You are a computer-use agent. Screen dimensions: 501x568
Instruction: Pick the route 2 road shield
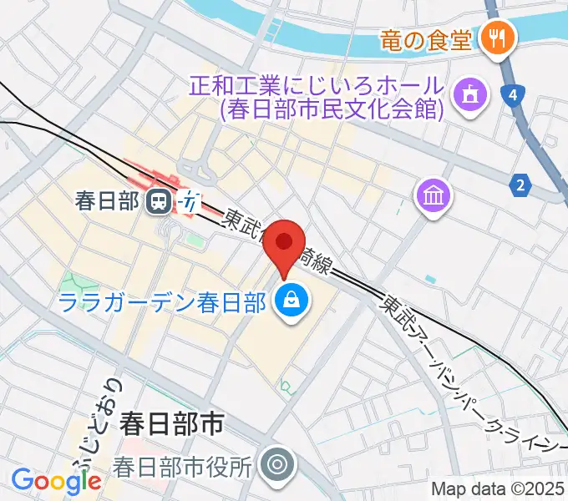click(x=521, y=185)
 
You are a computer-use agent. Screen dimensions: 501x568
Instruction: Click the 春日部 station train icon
click(x=156, y=200)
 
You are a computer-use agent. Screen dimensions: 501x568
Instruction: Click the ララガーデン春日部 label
click(x=164, y=301)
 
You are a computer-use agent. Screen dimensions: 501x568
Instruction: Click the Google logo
click(x=56, y=481)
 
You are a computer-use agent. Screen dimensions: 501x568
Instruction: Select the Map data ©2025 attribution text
click(x=498, y=489)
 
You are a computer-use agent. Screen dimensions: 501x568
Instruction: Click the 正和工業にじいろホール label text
click(x=315, y=85)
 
